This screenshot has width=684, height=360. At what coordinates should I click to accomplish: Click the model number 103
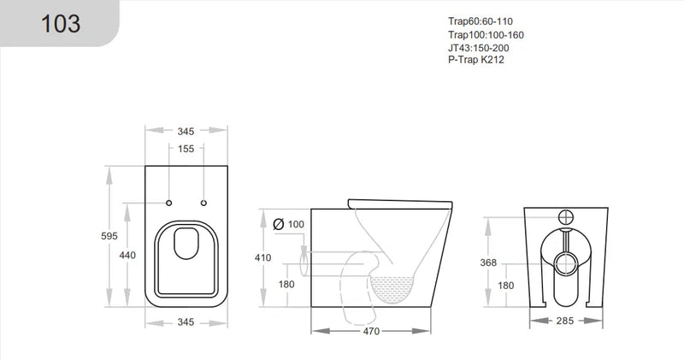click(x=61, y=23)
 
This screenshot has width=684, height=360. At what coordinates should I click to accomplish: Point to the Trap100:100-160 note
click(x=486, y=34)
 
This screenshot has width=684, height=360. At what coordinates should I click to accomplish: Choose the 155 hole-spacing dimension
click(x=186, y=149)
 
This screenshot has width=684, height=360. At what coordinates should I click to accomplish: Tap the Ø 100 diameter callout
click(x=288, y=224)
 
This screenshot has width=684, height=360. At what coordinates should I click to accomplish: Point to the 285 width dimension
click(x=563, y=322)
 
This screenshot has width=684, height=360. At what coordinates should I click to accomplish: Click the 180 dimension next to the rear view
click(x=506, y=285)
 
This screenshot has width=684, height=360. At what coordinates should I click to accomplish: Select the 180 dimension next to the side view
click(x=287, y=285)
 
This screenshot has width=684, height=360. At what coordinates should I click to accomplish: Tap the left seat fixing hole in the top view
click(x=168, y=203)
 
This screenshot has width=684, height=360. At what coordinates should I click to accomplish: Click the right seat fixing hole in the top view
click(x=203, y=203)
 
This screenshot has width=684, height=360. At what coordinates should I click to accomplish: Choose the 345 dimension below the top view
click(x=186, y=322)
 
